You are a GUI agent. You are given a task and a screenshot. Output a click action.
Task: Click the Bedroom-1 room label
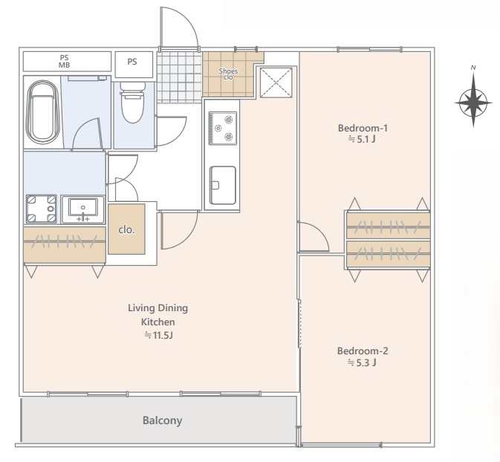tap(363, 128)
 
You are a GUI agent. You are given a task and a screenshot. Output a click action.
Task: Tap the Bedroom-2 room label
tap(363, 351)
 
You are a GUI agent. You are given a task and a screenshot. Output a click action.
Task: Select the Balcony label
tap(162, 420)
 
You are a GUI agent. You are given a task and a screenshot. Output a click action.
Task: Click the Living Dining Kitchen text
tap(158, 315)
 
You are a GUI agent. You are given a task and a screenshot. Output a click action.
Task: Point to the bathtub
tap(42, 112)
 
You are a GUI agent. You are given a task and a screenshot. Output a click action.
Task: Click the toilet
tap(132, 102)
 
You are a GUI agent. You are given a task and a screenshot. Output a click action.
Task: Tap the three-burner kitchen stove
tap(223, 128)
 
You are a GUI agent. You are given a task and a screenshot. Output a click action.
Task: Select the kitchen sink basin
tap(223, 185)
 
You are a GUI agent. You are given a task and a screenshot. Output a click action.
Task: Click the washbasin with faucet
tap(83, 209)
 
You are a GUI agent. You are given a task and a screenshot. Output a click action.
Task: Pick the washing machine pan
tap(42, 209)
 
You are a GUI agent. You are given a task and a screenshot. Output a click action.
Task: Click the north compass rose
tap(473, 100)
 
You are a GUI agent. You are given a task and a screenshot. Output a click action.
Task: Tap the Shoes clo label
tap(228, 74)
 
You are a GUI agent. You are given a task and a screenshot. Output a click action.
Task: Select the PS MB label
tap(65, 61)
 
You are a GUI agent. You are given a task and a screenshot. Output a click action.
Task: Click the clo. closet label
tap(126, 230)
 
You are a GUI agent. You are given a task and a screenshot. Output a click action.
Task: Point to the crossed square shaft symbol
tap(276, 82)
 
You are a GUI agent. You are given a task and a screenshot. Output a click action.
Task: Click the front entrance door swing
tap(180, 27)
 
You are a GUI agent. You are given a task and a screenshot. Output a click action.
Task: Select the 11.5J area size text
tap(158, 336)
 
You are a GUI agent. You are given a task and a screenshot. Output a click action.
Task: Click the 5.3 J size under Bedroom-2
tap(362, 362)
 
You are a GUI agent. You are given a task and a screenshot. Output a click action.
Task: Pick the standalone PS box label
tap(132, 62)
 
